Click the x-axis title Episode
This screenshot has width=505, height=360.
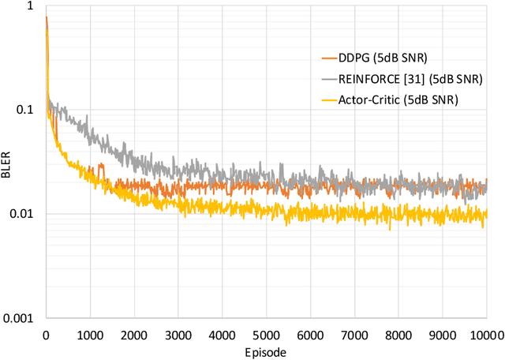pos(265,351)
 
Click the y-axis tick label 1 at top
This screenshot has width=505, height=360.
pos(31,6)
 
